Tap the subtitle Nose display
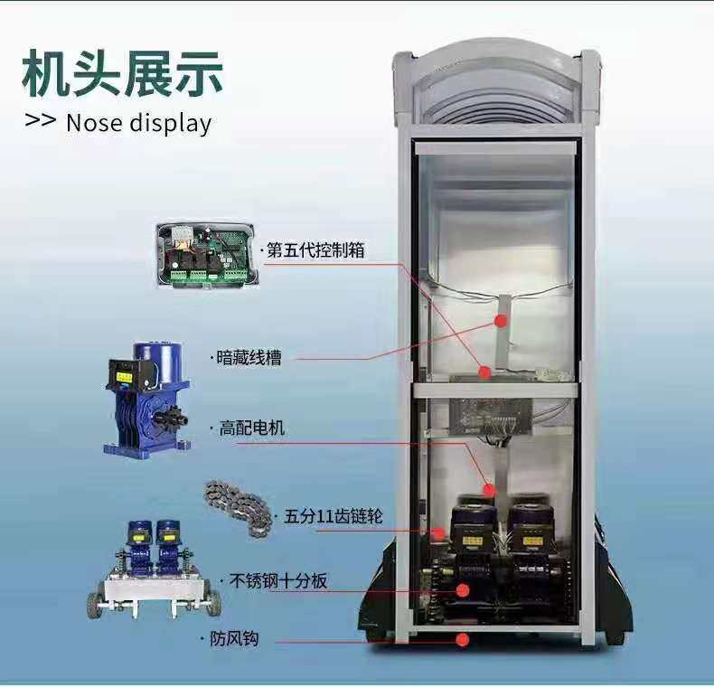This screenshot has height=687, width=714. click(138, 122)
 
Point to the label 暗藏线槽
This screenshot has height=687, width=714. click(249, 358)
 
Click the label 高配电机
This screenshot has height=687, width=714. click(251, 428)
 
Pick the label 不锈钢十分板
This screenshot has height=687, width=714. click(279, 581)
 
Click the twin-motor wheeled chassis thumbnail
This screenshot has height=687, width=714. click(154, 569)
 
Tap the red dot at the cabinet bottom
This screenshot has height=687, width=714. click(463, 640)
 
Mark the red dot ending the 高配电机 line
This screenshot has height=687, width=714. click(490, 490)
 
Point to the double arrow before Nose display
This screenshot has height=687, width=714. click(41, 120)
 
